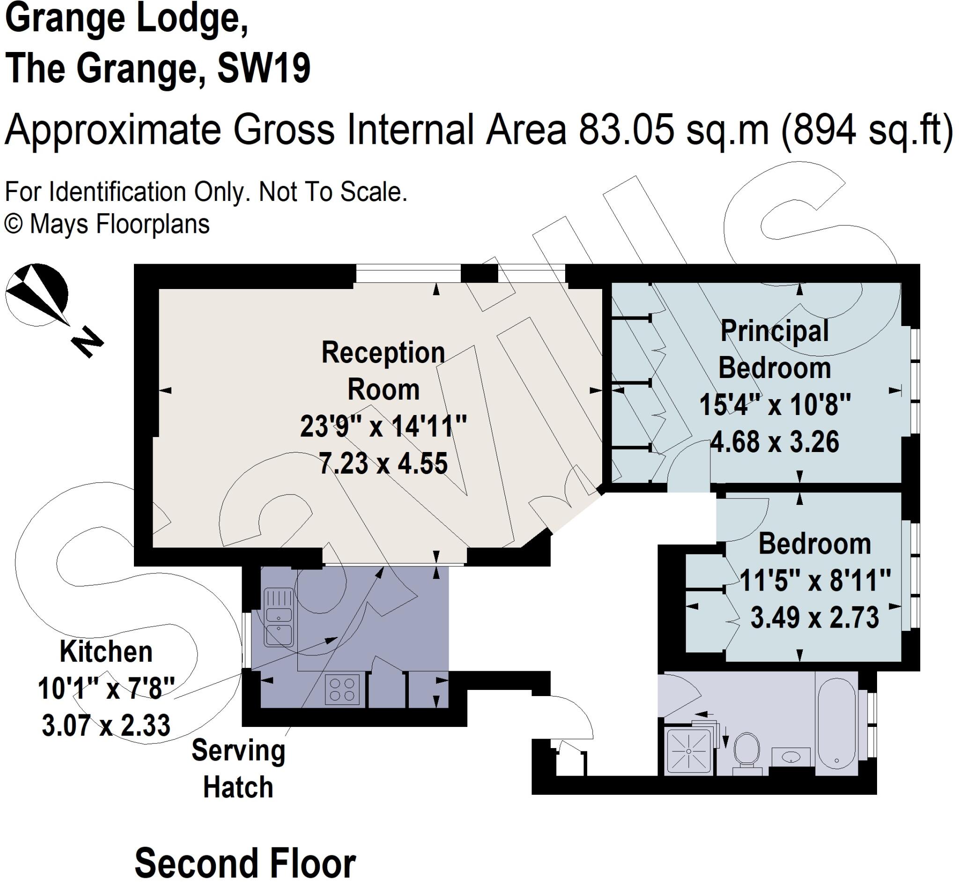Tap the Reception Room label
[x=383, y=371]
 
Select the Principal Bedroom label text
[x=774, y=349]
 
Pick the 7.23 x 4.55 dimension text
[x=383, y=463]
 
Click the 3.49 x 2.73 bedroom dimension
[x=814, y=617]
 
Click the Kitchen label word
[x=106, y=652]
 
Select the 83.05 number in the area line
[x=626, y=130]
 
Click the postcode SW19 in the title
[x=263, y=68]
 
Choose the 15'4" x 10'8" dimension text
[x=775, y=405]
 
